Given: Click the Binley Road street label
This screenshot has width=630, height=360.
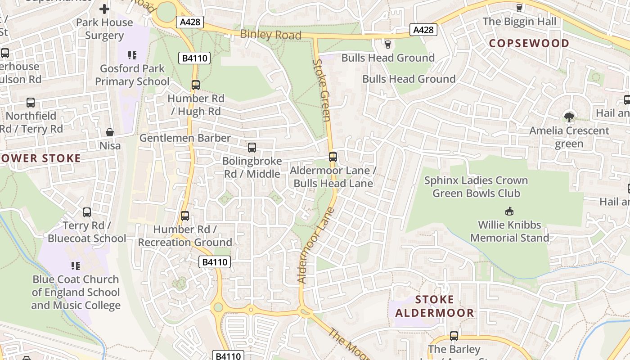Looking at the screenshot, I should (x=270, y=34).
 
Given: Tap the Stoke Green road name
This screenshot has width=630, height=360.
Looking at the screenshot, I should (x=322, y=90).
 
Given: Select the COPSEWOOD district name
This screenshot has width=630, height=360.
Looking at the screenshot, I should (x=529, y=43).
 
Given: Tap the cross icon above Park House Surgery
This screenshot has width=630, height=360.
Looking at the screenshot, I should (x=104, y=9).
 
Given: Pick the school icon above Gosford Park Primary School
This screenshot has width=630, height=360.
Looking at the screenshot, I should (x=132, y=55).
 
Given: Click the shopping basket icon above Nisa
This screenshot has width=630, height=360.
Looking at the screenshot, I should (x=110, y=132).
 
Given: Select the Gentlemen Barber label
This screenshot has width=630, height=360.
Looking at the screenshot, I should (x=185, y=138).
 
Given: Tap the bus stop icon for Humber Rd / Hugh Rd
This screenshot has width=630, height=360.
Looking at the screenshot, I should (x=195, y=85).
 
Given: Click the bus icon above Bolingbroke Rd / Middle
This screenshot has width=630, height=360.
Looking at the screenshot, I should (x=252, y=147).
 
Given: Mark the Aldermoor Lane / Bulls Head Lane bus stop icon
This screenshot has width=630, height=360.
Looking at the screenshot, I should (x=333, y=157).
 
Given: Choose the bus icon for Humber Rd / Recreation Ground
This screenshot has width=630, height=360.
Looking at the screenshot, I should (x=185, y=216).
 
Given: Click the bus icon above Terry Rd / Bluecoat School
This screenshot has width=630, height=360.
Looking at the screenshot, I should (x=87, y=212).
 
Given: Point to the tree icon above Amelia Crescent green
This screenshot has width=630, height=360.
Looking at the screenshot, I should (x=569, y=117).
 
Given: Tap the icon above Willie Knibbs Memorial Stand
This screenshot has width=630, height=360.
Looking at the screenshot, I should (x=509, y=211).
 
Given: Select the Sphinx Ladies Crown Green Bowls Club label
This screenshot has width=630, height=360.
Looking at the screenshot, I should (x=476, y=187).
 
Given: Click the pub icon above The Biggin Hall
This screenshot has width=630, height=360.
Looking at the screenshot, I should (x=519, y=8).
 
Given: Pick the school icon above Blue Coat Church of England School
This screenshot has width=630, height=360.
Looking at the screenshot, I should (x=76, y=265).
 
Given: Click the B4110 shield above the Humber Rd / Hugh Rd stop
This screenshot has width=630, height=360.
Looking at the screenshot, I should (x=194, y=58).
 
